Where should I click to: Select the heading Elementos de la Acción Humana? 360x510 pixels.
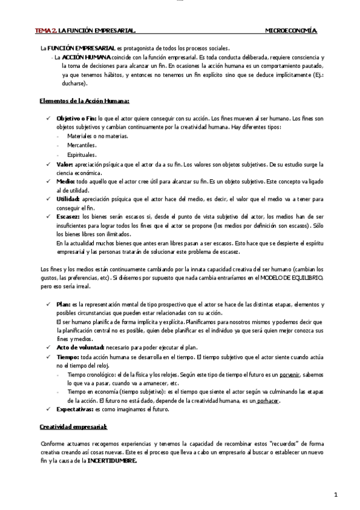coord(84,101)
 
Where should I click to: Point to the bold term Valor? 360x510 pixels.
coord(64,164)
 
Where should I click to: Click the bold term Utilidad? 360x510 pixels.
coord(68,198)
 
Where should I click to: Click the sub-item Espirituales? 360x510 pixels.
coord(84,155)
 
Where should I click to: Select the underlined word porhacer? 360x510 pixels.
coord(269,400)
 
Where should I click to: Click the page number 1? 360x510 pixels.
coord(337,494)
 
